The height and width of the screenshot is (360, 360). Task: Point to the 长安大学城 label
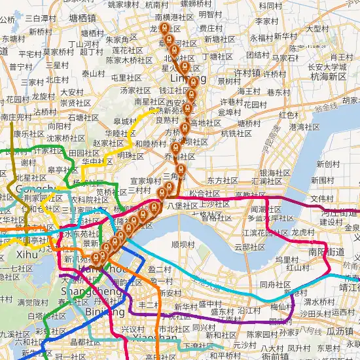[x=327, y=66]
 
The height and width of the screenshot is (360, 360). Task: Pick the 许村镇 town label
[x=247, y=73]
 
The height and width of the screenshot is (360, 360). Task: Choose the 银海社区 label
[x=276, y=173]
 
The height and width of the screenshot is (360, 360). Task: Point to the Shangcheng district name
[x=82, y=291]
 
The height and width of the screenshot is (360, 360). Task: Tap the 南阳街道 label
[x=326, y=251]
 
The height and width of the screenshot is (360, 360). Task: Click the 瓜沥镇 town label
[x=340, y=333]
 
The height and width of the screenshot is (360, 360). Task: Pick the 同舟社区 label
[x=275, y=285]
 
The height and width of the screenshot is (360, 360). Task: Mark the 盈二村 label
[x=160, y=268]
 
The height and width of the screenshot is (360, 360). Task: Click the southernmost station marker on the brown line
[x=96, y=257]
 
